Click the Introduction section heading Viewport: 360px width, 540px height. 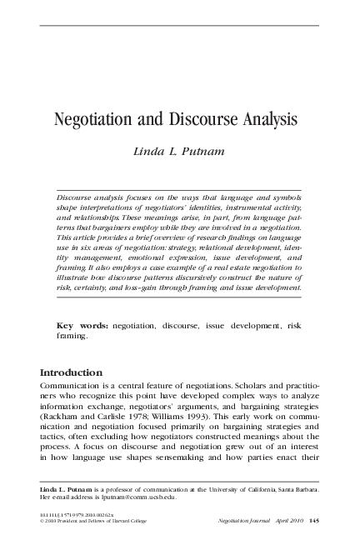point(72,372)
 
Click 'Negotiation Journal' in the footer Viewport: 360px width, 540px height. point(238,522)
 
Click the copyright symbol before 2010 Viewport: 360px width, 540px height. point(42,522)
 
